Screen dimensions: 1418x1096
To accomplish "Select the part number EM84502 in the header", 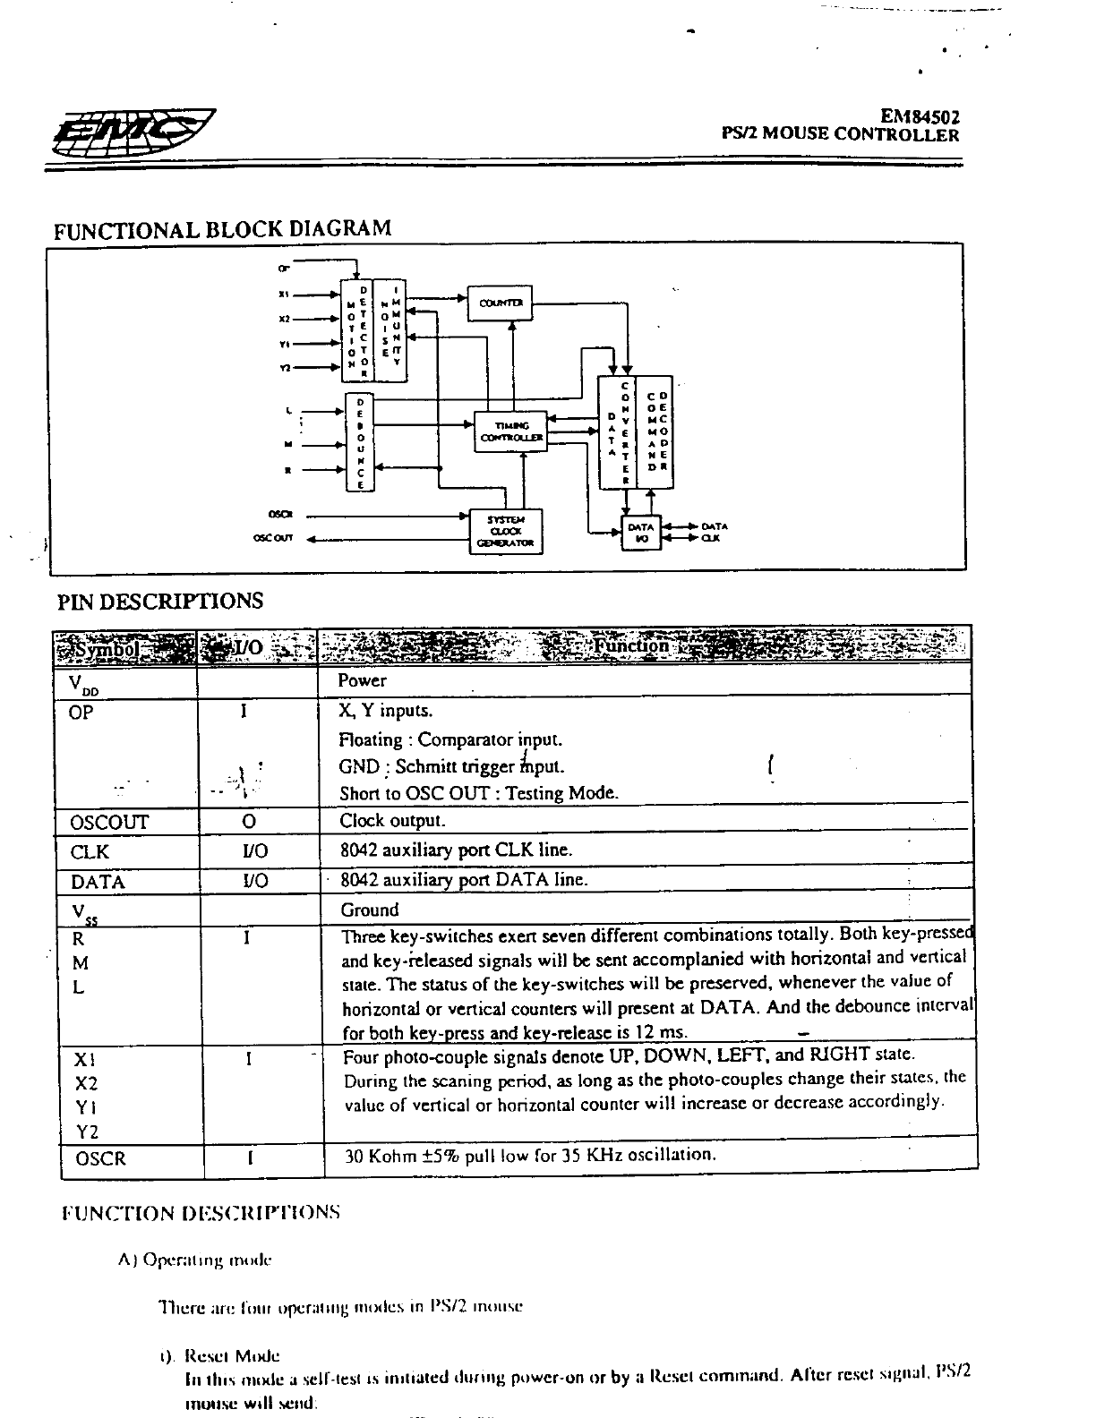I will point(920,116).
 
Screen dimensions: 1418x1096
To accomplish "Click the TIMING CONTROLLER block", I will point(511,432).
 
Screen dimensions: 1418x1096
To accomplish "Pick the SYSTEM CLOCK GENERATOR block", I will point(506,532).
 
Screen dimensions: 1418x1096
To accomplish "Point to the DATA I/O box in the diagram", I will point(641,532).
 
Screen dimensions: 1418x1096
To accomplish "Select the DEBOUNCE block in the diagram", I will point(359,443).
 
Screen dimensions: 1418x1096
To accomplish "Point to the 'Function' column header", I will point(632,645).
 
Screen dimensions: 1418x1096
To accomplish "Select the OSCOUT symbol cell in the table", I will point(109,822).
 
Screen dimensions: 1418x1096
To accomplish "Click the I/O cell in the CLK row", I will point(255,851).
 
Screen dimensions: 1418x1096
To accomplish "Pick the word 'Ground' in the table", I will point(370,910).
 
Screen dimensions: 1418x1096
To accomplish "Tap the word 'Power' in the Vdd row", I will point(363,680).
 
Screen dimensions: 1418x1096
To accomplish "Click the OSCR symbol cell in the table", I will point(100,1158).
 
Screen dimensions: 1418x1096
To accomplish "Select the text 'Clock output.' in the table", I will point(392,821).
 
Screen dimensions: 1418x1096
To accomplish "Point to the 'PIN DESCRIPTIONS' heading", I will point(160,601).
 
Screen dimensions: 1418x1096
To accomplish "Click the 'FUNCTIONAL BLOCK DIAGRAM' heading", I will point(223,228).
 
